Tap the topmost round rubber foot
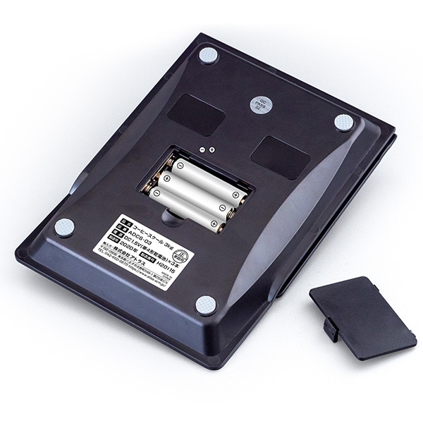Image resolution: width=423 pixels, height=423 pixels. point(208,54)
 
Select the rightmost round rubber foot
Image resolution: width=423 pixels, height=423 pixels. point(343,123)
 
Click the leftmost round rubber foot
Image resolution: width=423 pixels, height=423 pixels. point(65,227)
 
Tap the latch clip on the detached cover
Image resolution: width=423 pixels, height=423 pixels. point(329,326)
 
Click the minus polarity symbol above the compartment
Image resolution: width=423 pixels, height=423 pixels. point(202,150)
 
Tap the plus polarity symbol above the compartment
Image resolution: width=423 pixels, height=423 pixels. point(211,149)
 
